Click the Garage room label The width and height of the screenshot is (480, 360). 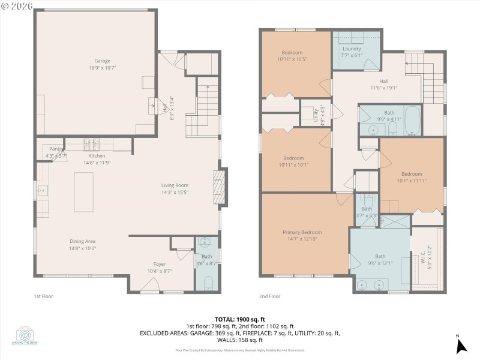coord(102,61)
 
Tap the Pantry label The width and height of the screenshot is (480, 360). coord(56,149)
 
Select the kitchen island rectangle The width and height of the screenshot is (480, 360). coord(84,192)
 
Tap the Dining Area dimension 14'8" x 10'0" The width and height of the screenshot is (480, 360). coord(83,248)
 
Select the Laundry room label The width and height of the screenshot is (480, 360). coord(352,49)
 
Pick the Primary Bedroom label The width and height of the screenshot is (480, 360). coord(302,232)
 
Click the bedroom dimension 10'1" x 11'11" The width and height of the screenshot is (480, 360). coord(412,181)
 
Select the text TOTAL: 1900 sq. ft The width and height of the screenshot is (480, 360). coord(240,319)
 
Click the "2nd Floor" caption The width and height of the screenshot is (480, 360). coord(269,296)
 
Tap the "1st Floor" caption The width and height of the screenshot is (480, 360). coord(43,296)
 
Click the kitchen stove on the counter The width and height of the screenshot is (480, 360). coord(92,144)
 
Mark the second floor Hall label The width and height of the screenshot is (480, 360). coord(384,81)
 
